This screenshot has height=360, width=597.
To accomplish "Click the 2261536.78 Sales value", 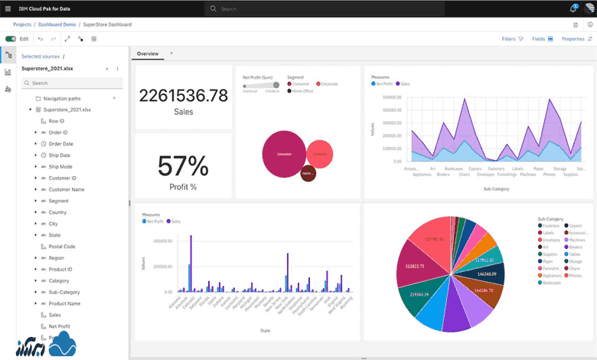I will (x=183, y=95).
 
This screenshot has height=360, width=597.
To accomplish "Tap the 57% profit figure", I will (x=183, y=166).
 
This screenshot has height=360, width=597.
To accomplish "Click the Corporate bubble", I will (x=319, y=154).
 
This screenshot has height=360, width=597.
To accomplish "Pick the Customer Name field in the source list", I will (x=67, y=189).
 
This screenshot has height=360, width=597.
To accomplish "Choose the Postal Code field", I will (x=62, y=247).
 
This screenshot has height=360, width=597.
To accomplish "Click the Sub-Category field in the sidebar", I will (x=64, y=292).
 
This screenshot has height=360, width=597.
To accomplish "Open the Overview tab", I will (x=148, y=54).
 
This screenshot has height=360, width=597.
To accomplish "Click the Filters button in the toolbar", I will (x=512, y=38).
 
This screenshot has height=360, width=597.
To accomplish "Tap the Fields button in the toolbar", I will (x=542, y=38).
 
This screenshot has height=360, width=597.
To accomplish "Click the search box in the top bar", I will (x=306, y=8).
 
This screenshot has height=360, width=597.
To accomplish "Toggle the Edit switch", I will (x=11, y=38).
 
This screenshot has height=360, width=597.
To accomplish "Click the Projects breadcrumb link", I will (x=22, y=25).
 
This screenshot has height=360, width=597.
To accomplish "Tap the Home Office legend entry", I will (x=303, y=90).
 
